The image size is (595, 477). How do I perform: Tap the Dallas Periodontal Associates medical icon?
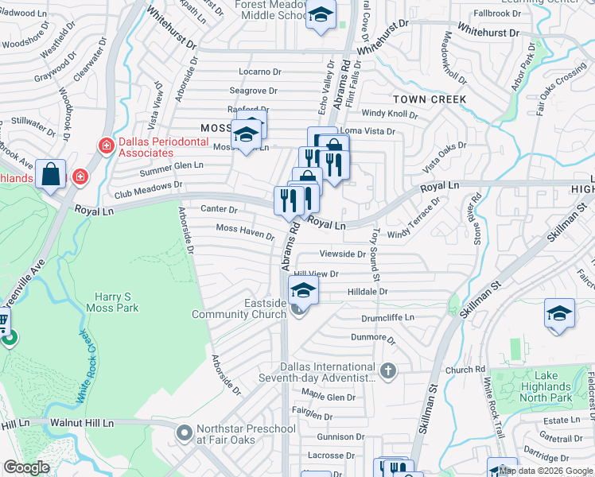(105, 145)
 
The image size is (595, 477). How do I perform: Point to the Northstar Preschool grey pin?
(185, 433)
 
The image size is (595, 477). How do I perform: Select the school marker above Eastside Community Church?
(303, 290)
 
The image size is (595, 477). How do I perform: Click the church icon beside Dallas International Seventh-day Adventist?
(387, 371)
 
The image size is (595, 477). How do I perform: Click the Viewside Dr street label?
(342, 254)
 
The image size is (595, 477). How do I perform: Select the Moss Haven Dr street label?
(245, 232)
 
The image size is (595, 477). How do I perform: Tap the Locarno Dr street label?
(255, 72)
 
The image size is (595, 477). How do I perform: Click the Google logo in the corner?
(27, 467)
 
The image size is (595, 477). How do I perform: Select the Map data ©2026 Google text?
(545, 471)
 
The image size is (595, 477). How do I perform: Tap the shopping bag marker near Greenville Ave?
(51, 175)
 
